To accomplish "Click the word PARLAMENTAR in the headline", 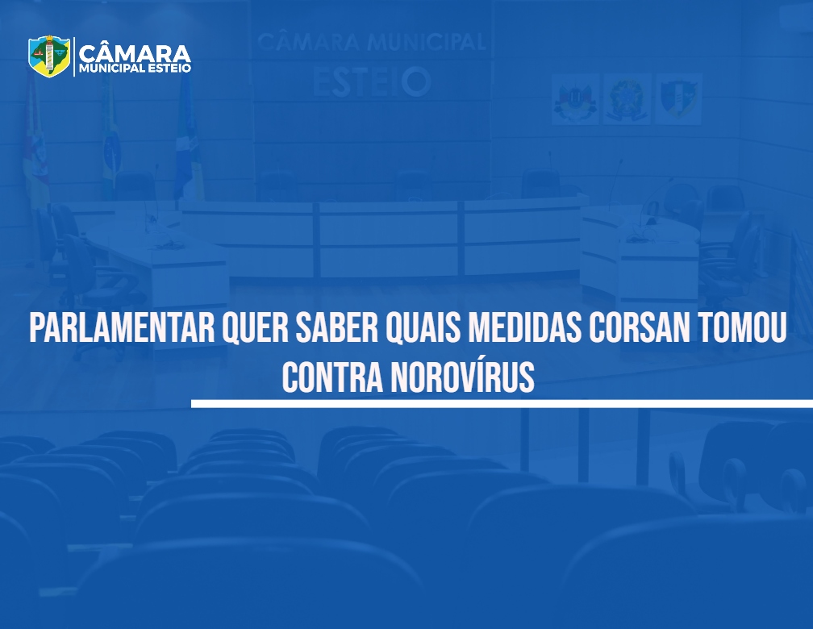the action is [x=122, y=327].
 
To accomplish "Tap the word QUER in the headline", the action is [x=255, y=328].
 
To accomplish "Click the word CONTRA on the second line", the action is [x=332, y=377].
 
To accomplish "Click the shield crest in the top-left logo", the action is [x=49, y=56].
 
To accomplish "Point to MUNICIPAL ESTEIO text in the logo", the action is [x=135, y=69].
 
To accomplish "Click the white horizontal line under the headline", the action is [x=502, y=403].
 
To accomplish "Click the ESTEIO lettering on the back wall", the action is [x=372, y=82].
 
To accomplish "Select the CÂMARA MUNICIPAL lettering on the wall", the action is [x=372, y=42].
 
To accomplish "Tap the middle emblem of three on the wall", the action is [x=627, y=98].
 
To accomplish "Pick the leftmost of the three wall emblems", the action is [x=576, y=98].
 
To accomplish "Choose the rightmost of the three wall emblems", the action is [x=679, y=98].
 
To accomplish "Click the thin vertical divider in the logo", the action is [x=74, y=56].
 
